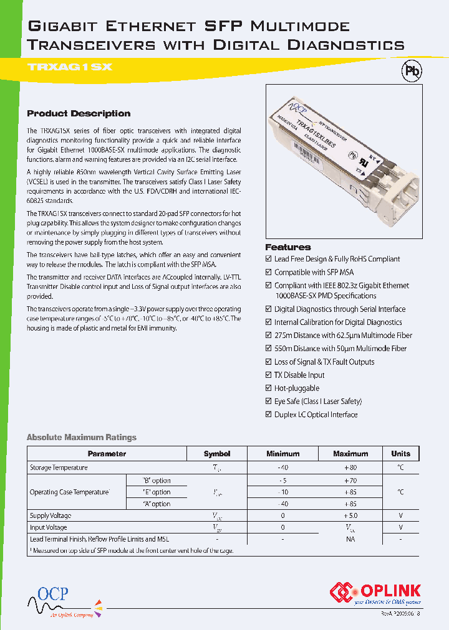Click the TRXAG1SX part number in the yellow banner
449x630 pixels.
point(70,67)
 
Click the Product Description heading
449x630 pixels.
point(79,113)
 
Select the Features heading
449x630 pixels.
point(287,247)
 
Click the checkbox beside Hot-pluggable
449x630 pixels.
point(269,388)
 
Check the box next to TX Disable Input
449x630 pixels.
point(269,375)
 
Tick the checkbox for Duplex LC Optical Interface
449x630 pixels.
point(269,415)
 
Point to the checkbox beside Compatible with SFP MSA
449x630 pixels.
point(269,272)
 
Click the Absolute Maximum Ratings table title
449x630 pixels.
point(81,437)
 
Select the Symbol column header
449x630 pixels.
point(217,454)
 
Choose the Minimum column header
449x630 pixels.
point(282,454)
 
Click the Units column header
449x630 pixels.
point(400,454)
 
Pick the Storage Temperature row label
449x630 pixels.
point(59,468)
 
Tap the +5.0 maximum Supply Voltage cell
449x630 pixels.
point(350,515)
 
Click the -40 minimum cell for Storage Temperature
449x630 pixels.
point(282,468)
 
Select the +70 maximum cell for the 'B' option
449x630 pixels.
point(350,481)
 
